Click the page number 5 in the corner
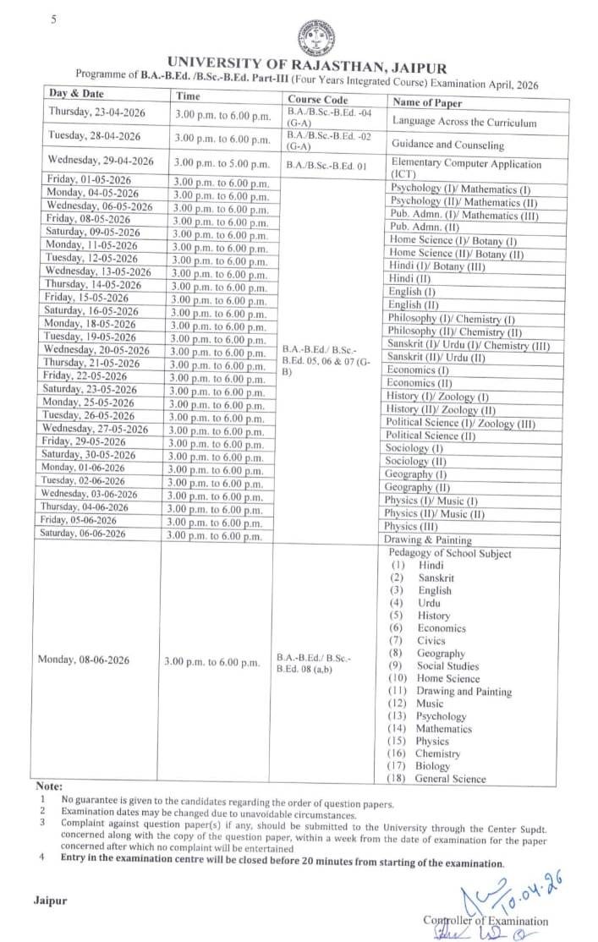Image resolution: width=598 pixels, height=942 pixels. click(52, 19)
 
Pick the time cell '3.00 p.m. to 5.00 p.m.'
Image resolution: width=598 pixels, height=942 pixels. click(222, 164)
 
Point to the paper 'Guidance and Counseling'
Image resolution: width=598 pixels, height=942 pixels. click(447, 145)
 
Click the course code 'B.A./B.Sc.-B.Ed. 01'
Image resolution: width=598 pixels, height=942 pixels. click(326, 165)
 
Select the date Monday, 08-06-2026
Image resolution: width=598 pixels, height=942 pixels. click(84, 660)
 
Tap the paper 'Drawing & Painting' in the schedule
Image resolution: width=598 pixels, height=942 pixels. click(427, 539)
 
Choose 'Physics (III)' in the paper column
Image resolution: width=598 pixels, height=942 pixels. click(413, 526)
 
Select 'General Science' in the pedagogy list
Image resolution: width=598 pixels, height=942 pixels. click(451, 779)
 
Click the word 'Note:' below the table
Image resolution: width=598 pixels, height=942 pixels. click(49, 786)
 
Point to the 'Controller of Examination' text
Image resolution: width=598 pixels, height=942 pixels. click(486, 921)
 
